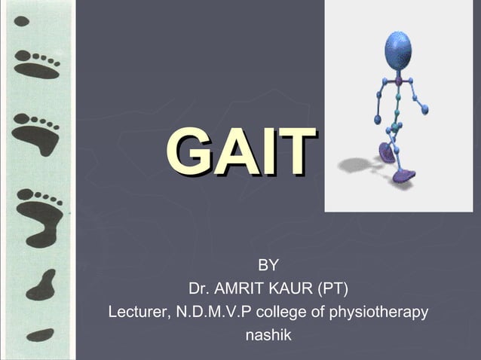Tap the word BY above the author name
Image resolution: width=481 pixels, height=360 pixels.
click(x=268, y=265)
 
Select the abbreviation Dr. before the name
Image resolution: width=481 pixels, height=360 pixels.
click(x=199, y=288)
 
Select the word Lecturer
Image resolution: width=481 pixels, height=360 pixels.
click(x=137, y=311)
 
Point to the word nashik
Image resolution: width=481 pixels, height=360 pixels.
click(x=268, y=334)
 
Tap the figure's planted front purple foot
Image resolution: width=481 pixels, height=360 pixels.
click(x=403, y=177)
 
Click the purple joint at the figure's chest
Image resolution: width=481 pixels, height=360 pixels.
click(x=398, y=80)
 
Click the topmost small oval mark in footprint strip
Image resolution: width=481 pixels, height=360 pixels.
click(x=22, y=21)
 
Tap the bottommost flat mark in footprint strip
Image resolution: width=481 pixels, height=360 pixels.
click(x=40, y=333)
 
